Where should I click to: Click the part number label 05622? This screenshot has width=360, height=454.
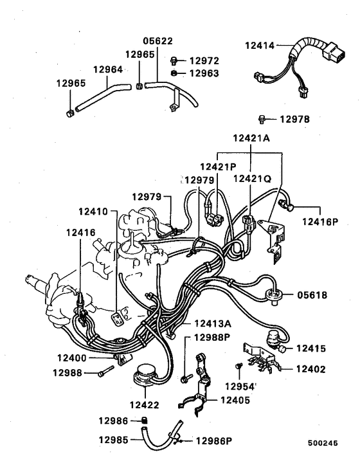pyautogui.click(x=157, y=41)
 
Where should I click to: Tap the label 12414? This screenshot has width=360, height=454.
pyautogui.click(x=259, y=46)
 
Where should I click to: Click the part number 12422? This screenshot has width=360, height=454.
pyautogui.click(x=145, y=405)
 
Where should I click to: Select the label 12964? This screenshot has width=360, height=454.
pyautogui.click(x=109, y=69)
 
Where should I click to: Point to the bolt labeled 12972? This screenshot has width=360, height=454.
pyautogui.click(x=174, y=60)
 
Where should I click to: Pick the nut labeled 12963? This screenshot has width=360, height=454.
pyautogui.click(x=174, y=73)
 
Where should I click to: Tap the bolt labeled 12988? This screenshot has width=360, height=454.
pyautogui.click(x=105, y=372)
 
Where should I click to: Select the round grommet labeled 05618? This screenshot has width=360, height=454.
pyautogui.click(x=276, y=295)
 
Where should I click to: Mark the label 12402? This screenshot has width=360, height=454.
pyautogui.click(x=311, y=369)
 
